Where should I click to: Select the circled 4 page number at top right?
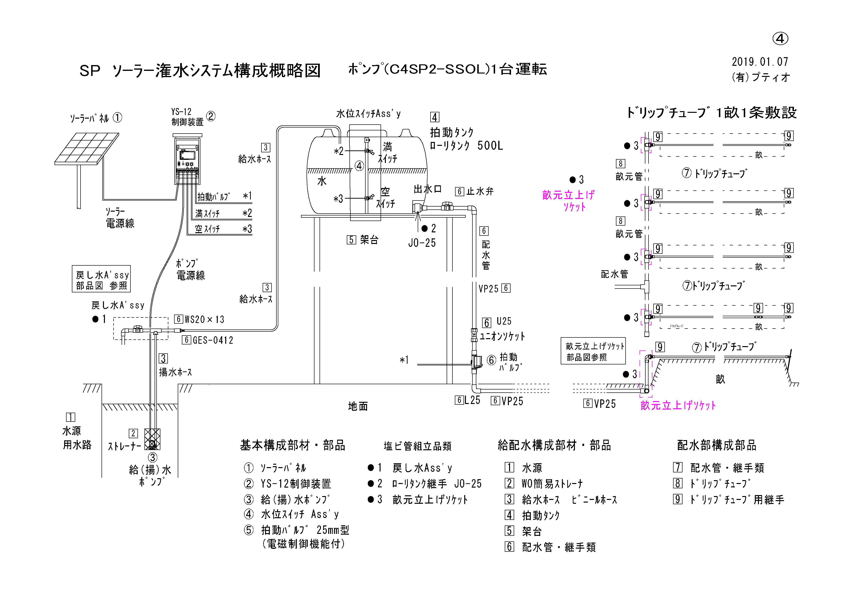(780, 39)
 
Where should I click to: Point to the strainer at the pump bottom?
(152, 439)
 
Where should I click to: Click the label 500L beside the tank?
(490, 146)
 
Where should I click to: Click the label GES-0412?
(213, 340)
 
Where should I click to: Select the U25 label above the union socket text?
(504, 322)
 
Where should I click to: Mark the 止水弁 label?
(480, 191)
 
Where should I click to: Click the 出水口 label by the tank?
(427, 189)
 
